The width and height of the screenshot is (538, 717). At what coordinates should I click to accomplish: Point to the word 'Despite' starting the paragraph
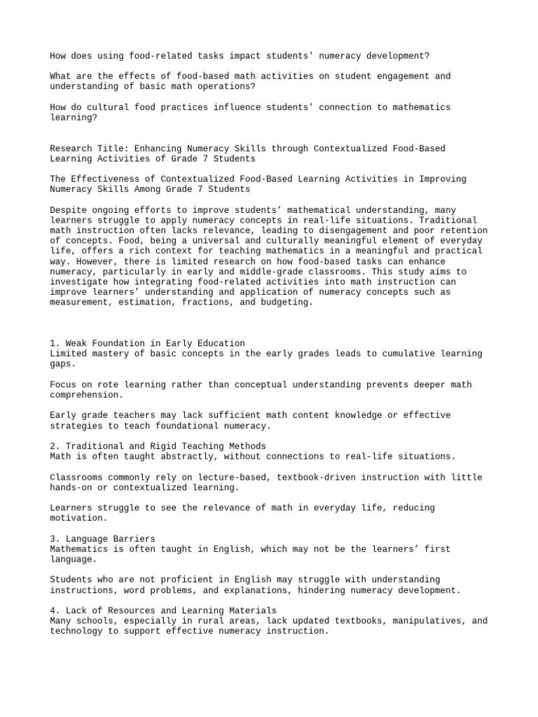click(x=68, y=209)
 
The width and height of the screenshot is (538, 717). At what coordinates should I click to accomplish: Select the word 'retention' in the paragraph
click(x=466, y=230)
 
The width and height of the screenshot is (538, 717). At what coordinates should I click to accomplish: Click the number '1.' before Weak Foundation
click(x=55, y=343)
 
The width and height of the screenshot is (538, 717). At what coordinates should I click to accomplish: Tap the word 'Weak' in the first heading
click(x=76, y=343)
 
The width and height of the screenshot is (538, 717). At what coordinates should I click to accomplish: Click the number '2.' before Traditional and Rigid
click(x=55, y=446)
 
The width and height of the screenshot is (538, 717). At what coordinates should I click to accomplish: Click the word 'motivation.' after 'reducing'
click(x=78, y=518)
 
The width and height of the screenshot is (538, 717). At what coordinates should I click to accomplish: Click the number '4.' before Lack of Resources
click(x=55, y=611)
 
